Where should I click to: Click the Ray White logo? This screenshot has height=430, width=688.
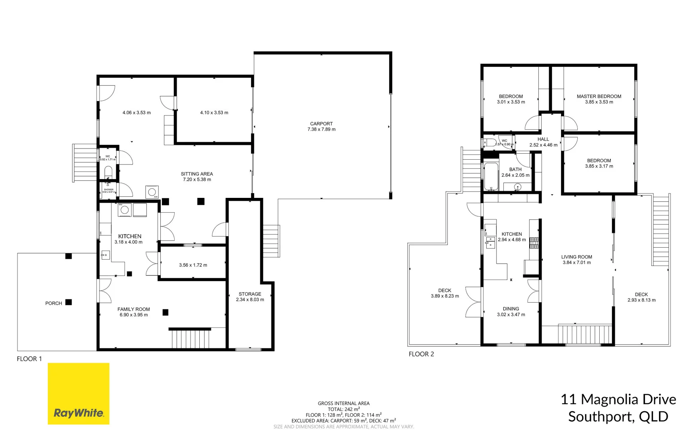78,393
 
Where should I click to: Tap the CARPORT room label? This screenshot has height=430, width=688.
321,124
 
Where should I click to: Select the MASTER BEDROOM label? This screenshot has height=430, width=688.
598,96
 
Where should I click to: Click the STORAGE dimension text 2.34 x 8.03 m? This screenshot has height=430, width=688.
250,300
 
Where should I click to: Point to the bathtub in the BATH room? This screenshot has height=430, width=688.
491,176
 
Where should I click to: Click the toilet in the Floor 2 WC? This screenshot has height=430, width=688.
489,142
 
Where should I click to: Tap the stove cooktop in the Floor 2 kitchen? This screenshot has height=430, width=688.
534,243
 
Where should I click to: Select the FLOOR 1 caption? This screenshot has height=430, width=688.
29,359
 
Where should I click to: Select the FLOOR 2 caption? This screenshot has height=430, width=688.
421,354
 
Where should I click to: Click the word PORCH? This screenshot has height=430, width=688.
53,303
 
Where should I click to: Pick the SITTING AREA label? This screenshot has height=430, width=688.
197,174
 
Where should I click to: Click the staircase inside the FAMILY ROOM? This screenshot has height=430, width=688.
191,339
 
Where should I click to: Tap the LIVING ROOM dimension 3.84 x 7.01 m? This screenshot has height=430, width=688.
576,263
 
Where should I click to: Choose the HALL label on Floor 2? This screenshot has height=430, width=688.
543,139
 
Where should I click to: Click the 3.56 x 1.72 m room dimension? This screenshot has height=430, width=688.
193,265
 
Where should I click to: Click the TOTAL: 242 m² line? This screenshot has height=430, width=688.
343,409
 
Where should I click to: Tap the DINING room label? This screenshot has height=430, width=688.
511,309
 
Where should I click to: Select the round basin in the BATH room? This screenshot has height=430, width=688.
517,187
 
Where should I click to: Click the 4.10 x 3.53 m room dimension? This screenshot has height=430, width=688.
214,113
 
